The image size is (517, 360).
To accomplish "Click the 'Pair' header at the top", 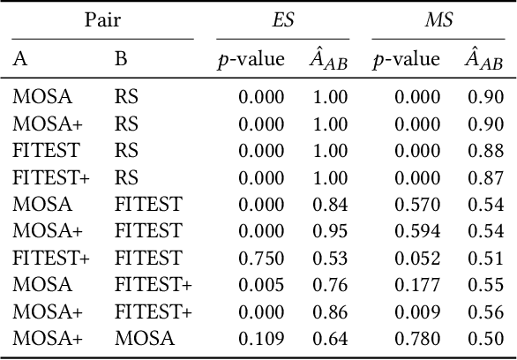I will pos(102,19).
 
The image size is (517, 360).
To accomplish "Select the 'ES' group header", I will pos(283,19).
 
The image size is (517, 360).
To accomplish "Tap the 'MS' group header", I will pos(438,19).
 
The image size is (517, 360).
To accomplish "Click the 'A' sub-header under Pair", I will pos(19,59).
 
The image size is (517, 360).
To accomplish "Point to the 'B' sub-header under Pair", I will pos(120,59).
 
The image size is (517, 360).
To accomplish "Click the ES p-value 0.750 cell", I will pos(263,259).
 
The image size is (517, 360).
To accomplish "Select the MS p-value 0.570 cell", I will pos(417,206).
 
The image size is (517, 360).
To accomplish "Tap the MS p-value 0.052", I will pos(417,259).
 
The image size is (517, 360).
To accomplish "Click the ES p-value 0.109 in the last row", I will pos(263,339).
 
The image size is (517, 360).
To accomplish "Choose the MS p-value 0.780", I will pos(417,339).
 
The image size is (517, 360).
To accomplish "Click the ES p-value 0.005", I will pos(263,286).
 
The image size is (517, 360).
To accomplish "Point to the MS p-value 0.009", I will pos(417,312).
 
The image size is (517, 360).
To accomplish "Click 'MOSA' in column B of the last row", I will pos(144,339).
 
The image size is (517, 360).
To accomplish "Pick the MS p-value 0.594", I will pos(417,232).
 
